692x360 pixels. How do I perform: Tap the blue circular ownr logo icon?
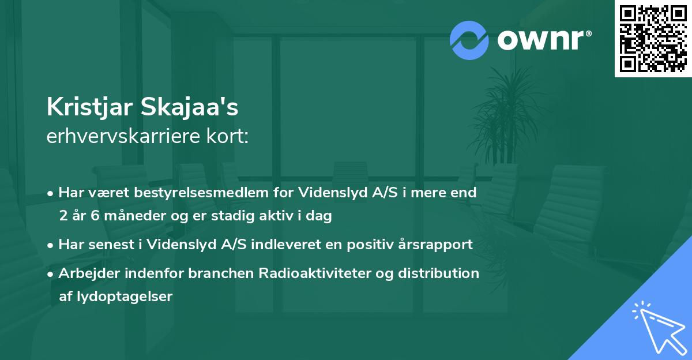click(x=469, y=40)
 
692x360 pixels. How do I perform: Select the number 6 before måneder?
click(x=95, y=216)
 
